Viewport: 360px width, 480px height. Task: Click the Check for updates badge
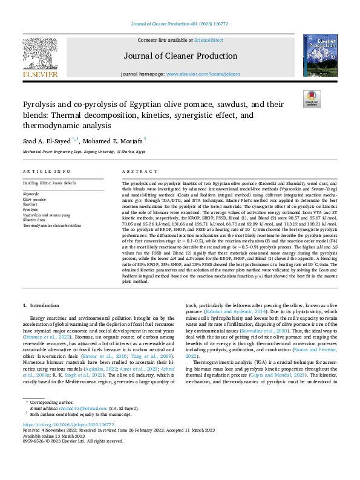pyautogui.click(x=312, y=99)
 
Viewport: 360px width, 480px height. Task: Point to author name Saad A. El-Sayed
pyautogui.click(x=47, y=141)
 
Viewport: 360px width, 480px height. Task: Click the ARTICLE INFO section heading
pyautogui.click(x=45, y=172)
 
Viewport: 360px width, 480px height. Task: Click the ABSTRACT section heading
pyautogui.click(x=136, y=172)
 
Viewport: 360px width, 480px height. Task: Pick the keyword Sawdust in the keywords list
pyautogui.click(x=30, y=204)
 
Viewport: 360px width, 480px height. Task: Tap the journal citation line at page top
pyautogui.click(x=180, y=25)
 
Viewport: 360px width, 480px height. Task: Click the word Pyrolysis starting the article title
pyautogui.click(x=40, y=105)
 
